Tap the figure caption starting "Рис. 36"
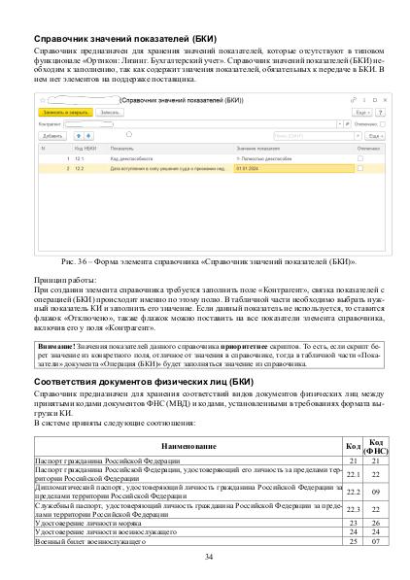(204, 261)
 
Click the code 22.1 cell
(353, 474)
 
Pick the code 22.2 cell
(353, 492)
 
